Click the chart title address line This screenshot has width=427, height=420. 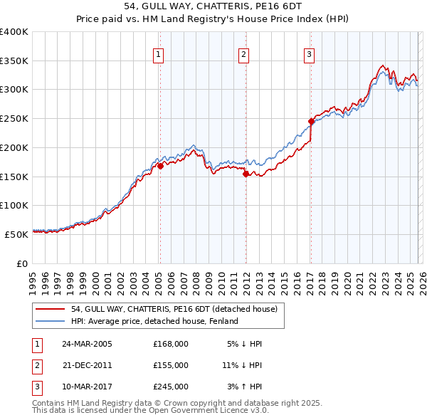[213, 6]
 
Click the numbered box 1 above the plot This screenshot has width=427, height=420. [157, 54]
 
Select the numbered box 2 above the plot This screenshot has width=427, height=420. [243, 54]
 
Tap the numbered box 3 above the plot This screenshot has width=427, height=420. [310, 54]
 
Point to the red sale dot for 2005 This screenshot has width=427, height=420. [160, 166]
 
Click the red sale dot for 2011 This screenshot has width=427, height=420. [246, 173]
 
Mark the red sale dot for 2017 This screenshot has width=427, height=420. [311, 121]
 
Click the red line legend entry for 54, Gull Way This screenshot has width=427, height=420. [178, 309]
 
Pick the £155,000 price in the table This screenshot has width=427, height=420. [171, 365]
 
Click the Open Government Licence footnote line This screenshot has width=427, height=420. [151, 411]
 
